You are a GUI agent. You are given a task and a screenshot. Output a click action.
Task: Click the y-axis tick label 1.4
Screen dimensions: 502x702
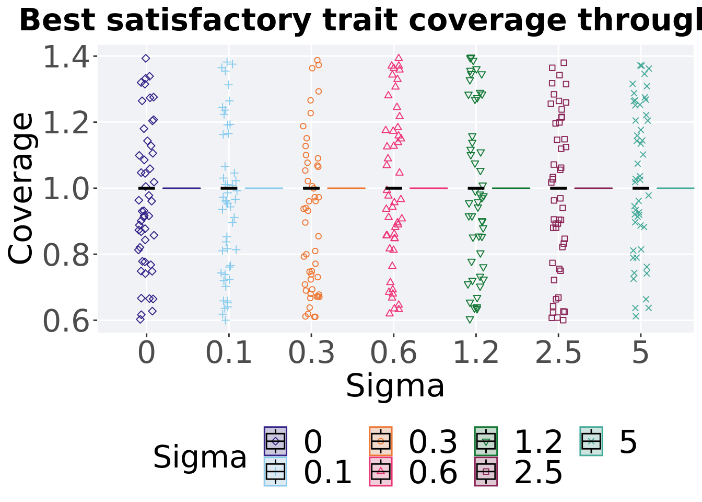coord(66,56)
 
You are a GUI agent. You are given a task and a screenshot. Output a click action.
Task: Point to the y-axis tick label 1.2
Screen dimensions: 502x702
coord(66,122)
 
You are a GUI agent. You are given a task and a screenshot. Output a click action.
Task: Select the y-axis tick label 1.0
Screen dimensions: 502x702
coord(66,189)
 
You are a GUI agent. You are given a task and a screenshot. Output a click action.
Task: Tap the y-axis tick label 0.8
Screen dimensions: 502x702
coord(66,255)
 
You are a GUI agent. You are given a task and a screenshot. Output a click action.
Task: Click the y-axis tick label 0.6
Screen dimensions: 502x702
coord(66,321)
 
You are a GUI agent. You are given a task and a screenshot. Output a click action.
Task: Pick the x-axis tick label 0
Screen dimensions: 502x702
coord(146,352)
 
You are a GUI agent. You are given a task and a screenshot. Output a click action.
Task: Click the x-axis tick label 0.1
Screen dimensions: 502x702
coord(229,352)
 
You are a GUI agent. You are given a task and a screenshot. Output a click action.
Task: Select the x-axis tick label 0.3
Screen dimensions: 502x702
coord(311,352)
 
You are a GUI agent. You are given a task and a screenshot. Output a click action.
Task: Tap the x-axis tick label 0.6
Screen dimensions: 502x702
coord(393,352)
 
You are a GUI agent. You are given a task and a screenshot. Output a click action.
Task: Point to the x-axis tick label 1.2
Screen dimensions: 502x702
coord(476,352)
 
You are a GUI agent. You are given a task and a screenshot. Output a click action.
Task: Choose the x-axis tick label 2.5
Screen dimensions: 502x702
coord(558,352)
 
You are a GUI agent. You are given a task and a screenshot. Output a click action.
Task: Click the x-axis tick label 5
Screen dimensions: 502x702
coord(640,352)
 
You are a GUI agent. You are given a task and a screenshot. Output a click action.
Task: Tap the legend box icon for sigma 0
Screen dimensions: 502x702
coord(275,441)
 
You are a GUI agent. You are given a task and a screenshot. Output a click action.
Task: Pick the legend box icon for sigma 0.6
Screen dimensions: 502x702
coord(381,472)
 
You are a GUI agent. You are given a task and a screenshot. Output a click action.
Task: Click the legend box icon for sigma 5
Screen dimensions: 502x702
coord(591,441)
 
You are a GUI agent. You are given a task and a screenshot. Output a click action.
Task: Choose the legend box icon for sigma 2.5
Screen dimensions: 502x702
coord(486,472)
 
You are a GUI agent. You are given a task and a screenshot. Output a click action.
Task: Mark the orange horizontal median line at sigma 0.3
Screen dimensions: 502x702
coord(346,188)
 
